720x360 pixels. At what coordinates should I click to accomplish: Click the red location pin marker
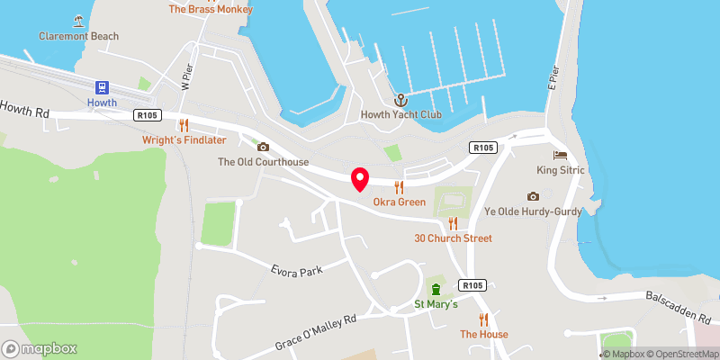(x=359, y=179)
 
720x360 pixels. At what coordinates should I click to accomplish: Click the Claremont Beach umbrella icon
(x=79, y=20)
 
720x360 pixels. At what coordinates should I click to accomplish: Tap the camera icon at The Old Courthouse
(x=263, y=147)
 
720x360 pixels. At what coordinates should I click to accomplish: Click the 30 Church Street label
(x=453, y=238)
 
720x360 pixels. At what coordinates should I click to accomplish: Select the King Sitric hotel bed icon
(x=560, y=155)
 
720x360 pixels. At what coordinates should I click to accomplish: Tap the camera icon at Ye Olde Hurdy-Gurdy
(x=533, y=196)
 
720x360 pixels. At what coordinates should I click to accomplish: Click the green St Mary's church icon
(x=436, y=289)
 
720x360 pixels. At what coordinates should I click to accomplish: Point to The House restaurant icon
(x=483, y=319)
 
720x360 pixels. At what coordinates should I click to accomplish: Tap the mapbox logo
(x=40, y=348)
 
